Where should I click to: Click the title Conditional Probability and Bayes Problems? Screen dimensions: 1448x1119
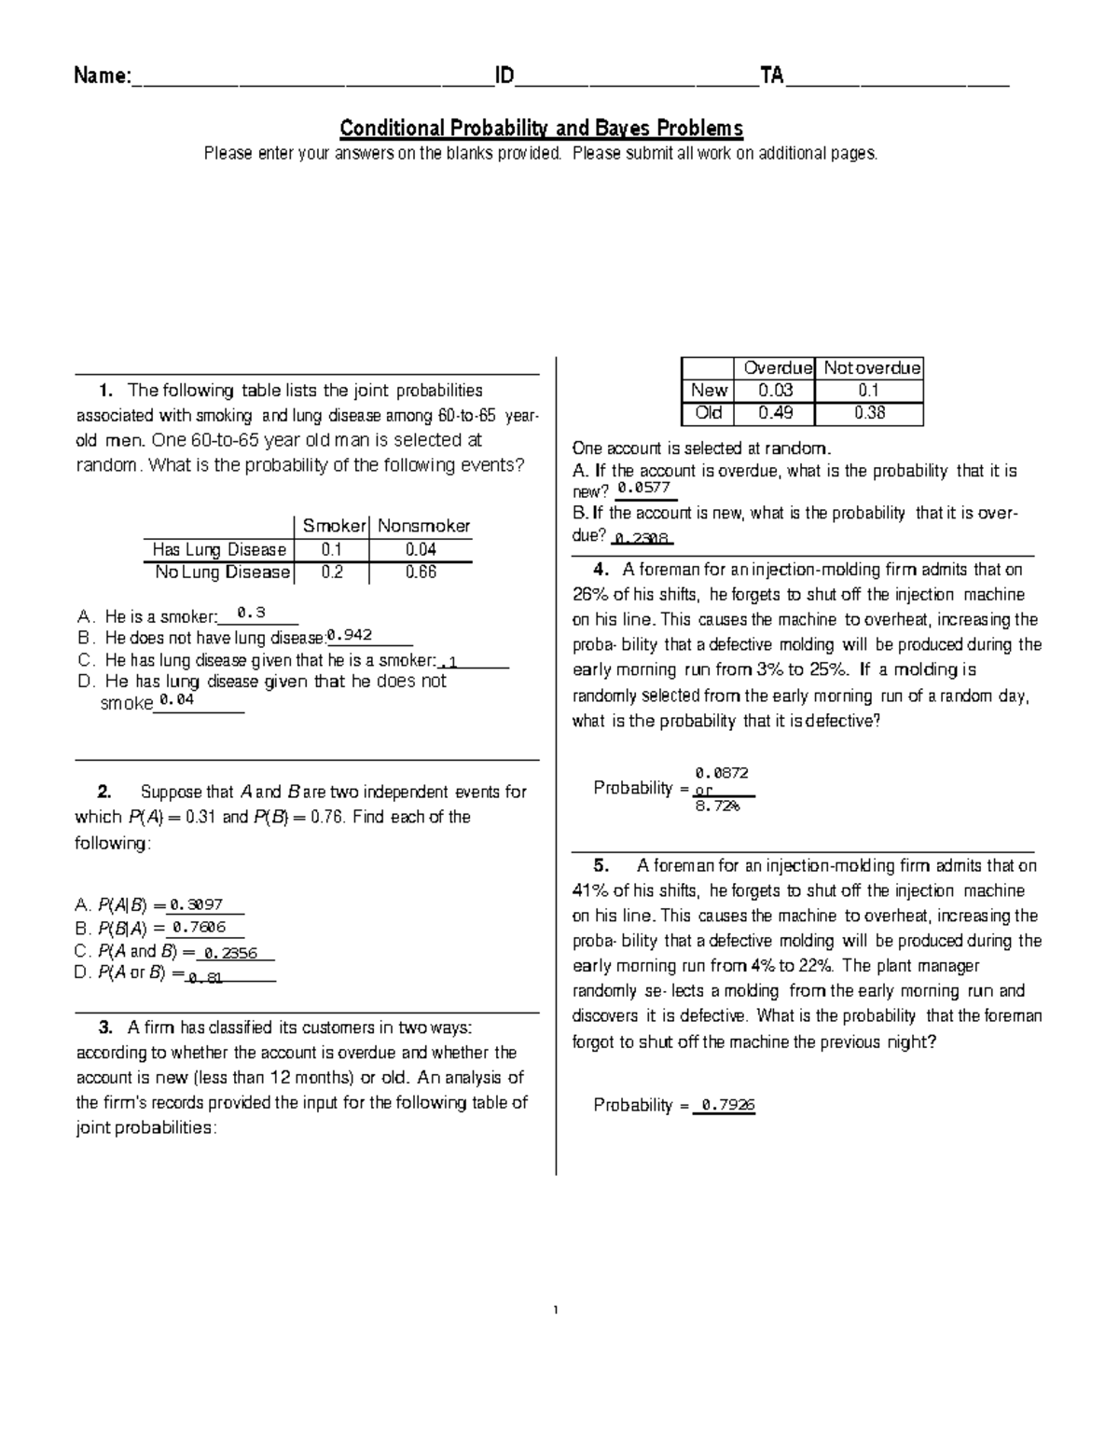pos(541,128)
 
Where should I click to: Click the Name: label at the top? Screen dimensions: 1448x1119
pos(103,76)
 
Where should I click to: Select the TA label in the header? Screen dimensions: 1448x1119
pos(772,76)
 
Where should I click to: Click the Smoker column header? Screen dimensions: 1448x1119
pos(334,526)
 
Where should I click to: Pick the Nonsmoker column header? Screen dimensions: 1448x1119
pos(423,526)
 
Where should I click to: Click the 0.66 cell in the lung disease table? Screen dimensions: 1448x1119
pos(421,572)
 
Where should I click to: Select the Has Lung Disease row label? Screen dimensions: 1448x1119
pos(219,550)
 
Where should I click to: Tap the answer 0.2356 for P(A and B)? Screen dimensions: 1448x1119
pos(230,953)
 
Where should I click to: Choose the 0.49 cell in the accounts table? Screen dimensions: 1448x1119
pos(776,413)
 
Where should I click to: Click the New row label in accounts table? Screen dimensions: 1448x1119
pos(709,391)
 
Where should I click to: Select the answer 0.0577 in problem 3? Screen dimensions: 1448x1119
pos(643,488)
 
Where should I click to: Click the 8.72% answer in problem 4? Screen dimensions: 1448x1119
pos(717,806)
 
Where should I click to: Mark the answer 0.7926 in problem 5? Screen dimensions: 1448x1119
pos(728,1105)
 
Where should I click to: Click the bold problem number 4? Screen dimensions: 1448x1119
pos(601,570)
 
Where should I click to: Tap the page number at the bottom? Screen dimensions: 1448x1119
pos(556,1311)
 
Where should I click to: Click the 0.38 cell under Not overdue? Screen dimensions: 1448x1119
pos(869,413)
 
